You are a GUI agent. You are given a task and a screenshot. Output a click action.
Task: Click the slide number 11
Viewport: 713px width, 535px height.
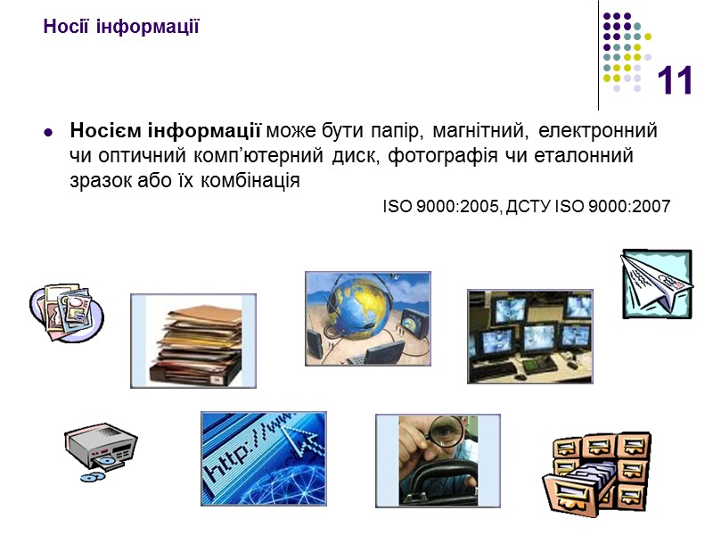pyautogui.click(x=675, y=82)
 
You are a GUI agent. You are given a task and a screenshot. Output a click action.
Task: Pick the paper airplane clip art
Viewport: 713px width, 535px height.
pyautogui.click(x=657, y=283)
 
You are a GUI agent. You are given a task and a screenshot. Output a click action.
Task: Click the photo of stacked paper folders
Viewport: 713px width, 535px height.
pyautogui.click(x=193, y=341)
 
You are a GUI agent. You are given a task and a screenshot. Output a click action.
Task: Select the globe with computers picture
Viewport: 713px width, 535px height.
pyautogui.click(x=367, y=318)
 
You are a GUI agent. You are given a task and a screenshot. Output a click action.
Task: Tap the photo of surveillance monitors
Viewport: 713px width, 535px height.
pyautogui.click(x=529, y=336)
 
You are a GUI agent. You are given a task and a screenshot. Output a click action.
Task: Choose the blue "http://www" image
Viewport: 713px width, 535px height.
pyautogui.click(x=263, y=458)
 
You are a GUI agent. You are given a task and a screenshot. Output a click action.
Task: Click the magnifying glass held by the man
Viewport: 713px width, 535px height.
pyautogui.click(x=439, y=433)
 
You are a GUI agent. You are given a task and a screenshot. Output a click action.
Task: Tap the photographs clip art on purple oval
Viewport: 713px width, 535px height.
pyautogui.click(x=66, y=312)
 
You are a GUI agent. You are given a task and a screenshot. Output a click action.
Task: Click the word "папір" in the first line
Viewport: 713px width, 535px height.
pyautogui.click(x=395, y=131)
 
